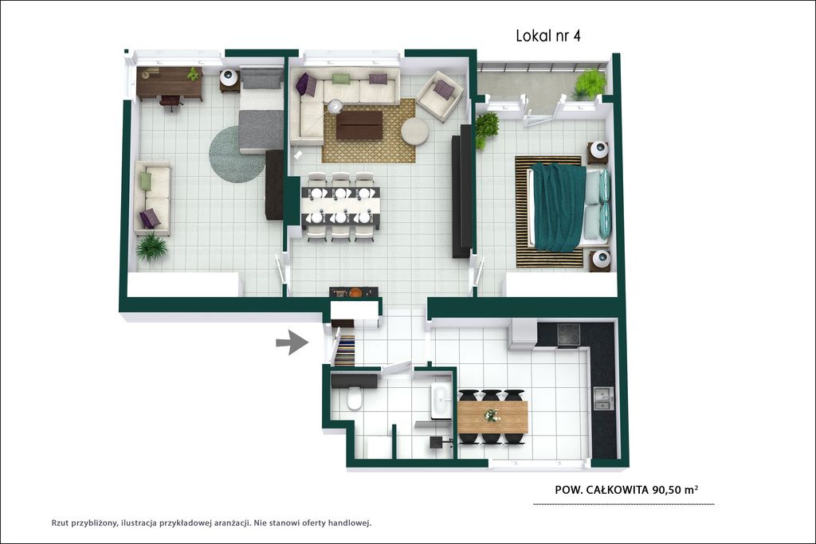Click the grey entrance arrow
[293, 342]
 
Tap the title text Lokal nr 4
[548, 35]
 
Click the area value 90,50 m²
[675, 489]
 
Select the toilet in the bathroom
[355, 398]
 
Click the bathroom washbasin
[441, 401]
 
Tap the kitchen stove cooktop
[569, 335]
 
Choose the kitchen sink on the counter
[604, 398]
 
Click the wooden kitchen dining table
[492, 417]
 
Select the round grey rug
[236, 155]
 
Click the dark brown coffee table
[359, 125]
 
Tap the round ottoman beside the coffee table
[414, 131]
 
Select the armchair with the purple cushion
[440, 96]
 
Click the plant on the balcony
[590, 84]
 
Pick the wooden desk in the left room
[170, 82]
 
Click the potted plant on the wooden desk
[193, 74]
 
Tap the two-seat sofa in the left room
[152, 198]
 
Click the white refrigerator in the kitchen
[523, 334]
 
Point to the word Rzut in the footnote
[61, 523]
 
